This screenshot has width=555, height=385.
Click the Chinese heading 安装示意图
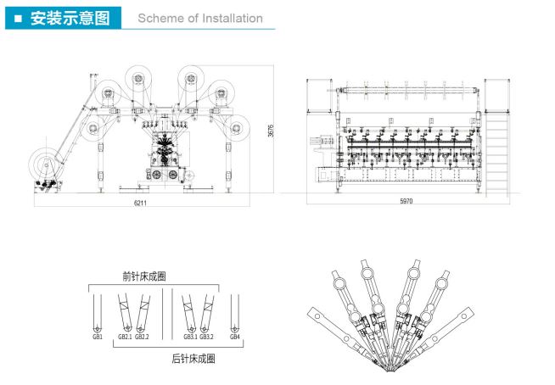[69, 18]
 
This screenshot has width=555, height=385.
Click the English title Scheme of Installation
[200, 18]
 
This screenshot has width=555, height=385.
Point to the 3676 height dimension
[271, 132]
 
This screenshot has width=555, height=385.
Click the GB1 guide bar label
[98, 338]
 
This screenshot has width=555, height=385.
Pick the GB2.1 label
[124, 338]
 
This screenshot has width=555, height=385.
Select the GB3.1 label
[188, 338]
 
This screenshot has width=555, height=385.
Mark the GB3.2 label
[206, 338]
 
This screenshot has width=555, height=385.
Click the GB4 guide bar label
[235, 338]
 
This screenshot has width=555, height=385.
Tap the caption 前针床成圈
[143, 276]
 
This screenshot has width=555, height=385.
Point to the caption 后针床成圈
[193, 359]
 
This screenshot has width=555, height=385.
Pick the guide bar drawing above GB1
[98, 312]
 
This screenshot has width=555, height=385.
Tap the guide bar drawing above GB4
[235, 312]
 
